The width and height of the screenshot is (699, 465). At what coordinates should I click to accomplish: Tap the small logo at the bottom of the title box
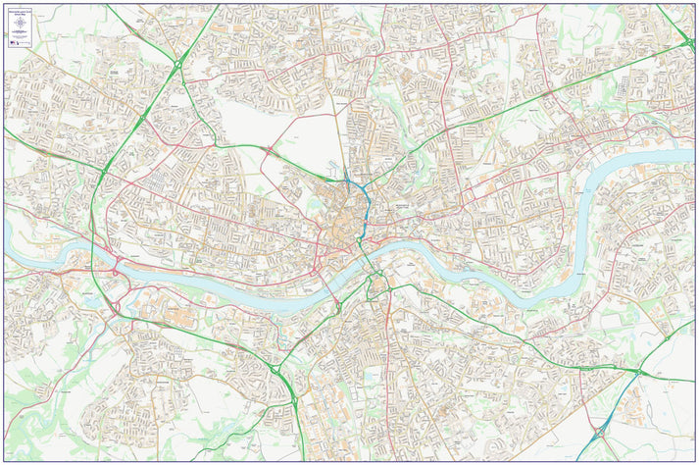(x=14, y=41)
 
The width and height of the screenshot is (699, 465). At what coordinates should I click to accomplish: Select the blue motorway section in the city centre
(x=364, y=202)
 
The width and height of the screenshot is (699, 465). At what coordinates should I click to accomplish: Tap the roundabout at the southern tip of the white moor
(x=268, y=150)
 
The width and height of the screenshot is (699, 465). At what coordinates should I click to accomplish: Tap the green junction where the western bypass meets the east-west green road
(x=103, y=173)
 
